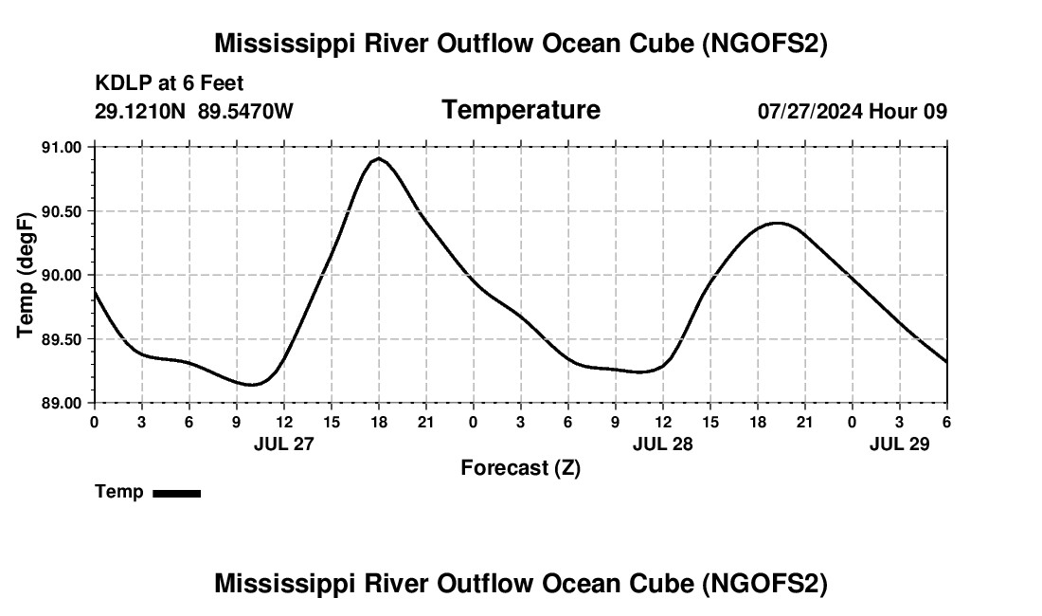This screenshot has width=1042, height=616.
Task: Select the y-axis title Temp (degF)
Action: (27, 275)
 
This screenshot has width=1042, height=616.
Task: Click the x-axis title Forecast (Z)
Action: (520, 467)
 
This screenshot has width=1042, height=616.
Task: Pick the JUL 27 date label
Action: (283, 443)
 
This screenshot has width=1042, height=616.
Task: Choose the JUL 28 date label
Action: (662, 443)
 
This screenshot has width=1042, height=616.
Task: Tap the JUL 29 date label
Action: (899, 443)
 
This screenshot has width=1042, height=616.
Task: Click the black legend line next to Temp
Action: (176, 493)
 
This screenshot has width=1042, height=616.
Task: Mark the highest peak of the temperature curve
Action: (379, 158)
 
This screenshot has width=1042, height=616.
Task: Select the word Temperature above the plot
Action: (520, 110)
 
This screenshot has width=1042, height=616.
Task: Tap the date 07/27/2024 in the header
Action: (810, 111)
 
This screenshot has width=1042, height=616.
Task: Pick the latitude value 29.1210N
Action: (142, 111)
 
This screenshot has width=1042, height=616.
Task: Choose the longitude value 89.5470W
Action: (245, 111)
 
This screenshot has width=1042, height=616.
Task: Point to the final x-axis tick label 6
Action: (946, 421)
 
